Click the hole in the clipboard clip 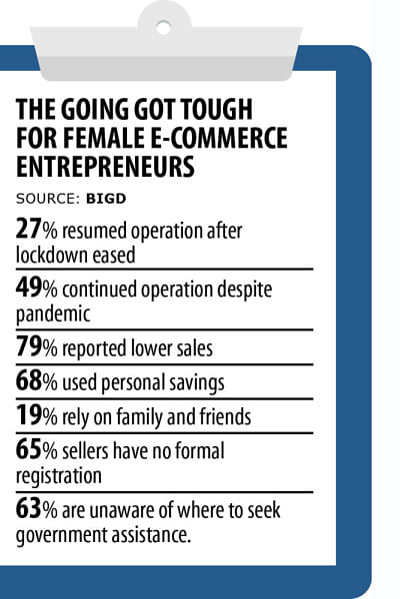coord(163,28)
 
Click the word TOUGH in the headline coord(217,109)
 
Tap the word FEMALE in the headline coord(104,138)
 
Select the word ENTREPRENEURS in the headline coord(105,166)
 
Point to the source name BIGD coord(106,199)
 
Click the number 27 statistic coord(28,229)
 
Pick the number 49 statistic coord(28,288)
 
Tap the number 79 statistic coord(28,346)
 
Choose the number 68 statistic coord(28,381)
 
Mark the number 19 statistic coord(28,415)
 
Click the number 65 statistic coord(28,449)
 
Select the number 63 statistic coord(28,508)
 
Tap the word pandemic coord(53,314)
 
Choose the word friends coord(226,415)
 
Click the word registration coord(59,476)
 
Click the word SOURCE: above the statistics coord(48,199)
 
